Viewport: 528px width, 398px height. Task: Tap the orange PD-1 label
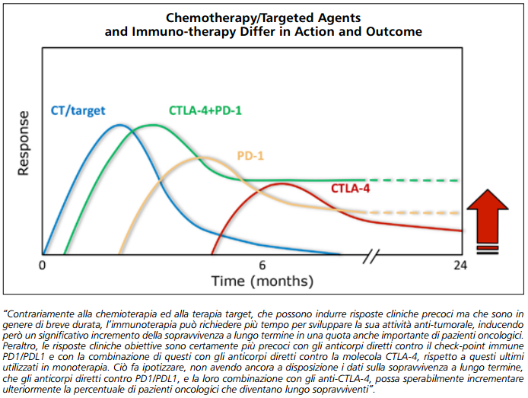pos(250,155)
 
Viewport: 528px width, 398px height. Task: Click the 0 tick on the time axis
pos(43,265)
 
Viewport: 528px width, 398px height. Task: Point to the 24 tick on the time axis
pos(459,265)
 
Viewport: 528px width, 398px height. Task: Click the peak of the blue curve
pos(119,125)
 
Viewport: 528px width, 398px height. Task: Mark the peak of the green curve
pos(153,126)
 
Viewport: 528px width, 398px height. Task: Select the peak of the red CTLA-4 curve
pos(281,183)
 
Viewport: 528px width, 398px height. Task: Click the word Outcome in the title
pos(393,33)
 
